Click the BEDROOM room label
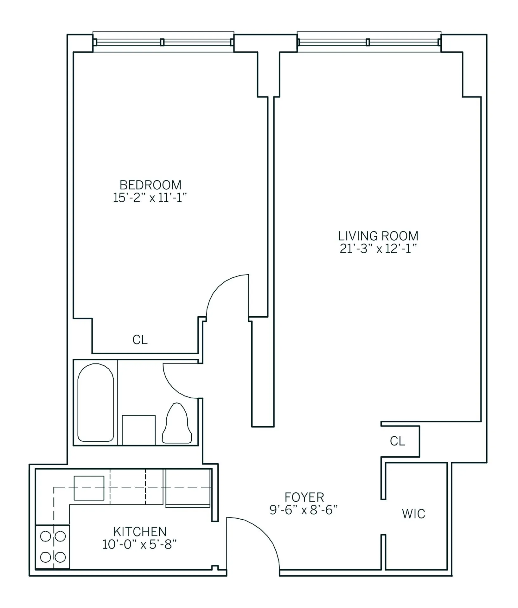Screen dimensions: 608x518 [x=150, y=185]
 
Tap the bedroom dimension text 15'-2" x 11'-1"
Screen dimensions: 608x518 [x=150, y=198]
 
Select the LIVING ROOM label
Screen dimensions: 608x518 [x=378, y=236]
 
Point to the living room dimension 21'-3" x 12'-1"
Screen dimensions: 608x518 [x=378, y=250]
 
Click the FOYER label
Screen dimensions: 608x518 [x=304, y=497]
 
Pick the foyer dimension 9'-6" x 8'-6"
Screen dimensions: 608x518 [x=304, y=510]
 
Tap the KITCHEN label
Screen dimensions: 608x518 [x=140, y=531]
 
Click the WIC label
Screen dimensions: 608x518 [x=413, y=514]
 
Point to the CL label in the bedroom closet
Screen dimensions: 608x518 [x=140, y=340]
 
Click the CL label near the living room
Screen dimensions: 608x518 [x=397, y=441]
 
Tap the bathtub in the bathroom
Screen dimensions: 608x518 [x=96, y=402]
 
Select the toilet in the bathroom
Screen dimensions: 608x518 [x=177, y=424]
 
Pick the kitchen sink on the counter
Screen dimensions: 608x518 [x=89, y=488]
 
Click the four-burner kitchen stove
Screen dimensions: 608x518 [x=53, y=547]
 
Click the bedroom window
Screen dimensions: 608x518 [x=163, y=42]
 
